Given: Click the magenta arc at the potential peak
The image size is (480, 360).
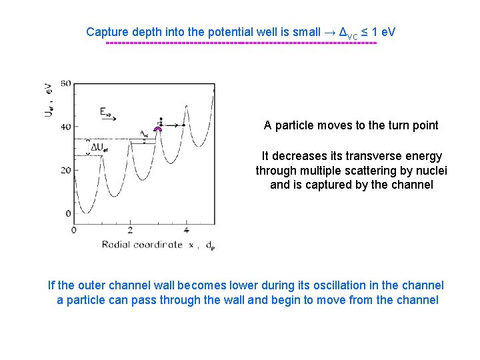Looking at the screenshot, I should [158, 129].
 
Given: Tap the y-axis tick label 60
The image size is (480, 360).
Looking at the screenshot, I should [65, 83].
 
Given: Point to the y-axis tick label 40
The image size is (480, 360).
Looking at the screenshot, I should [65, 127].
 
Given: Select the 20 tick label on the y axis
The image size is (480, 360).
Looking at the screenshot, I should [65, 170].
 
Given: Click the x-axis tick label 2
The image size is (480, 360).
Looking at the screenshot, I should [130, 231].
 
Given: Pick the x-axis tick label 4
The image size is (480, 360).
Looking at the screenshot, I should [186, 231].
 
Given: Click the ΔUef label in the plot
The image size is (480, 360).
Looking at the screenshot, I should [101, 147].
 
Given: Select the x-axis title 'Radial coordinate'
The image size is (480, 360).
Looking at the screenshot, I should [142, 245].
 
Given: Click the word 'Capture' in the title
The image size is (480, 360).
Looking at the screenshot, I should [107, 32].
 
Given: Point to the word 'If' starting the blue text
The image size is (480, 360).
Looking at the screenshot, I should [53, 285].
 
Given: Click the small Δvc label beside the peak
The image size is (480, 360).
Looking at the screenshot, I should [145, 133].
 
